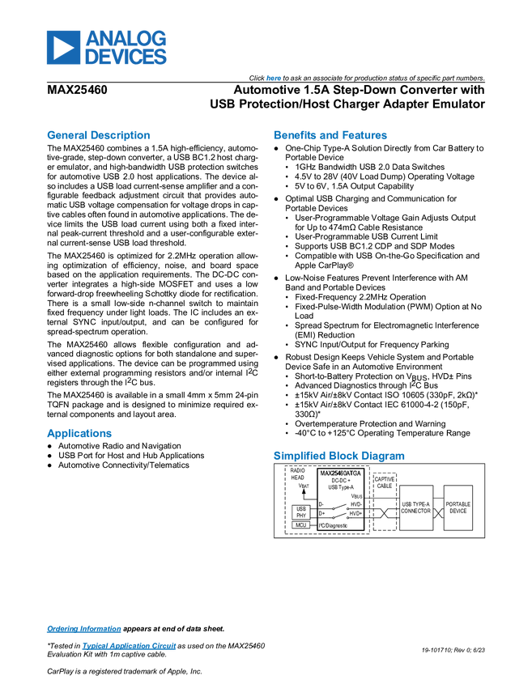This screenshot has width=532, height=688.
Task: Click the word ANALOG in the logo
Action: (126, 38)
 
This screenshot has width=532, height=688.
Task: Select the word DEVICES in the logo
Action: (126, 57)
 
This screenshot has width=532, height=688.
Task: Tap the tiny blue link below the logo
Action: (273, 78)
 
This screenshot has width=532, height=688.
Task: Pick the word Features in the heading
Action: (366, 135)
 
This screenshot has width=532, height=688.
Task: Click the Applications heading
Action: (79, 434)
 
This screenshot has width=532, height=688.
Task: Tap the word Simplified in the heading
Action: (298, 456)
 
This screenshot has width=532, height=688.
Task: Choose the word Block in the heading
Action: (343, 456)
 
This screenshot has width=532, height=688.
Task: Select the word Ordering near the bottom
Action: (60, 629)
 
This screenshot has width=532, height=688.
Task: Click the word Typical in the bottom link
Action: (92, 646)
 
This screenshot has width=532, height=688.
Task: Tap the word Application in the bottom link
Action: (125, 646)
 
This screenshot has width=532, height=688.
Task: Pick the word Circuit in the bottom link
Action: (165, 646)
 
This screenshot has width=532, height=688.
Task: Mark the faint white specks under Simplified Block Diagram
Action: (340, 512)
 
